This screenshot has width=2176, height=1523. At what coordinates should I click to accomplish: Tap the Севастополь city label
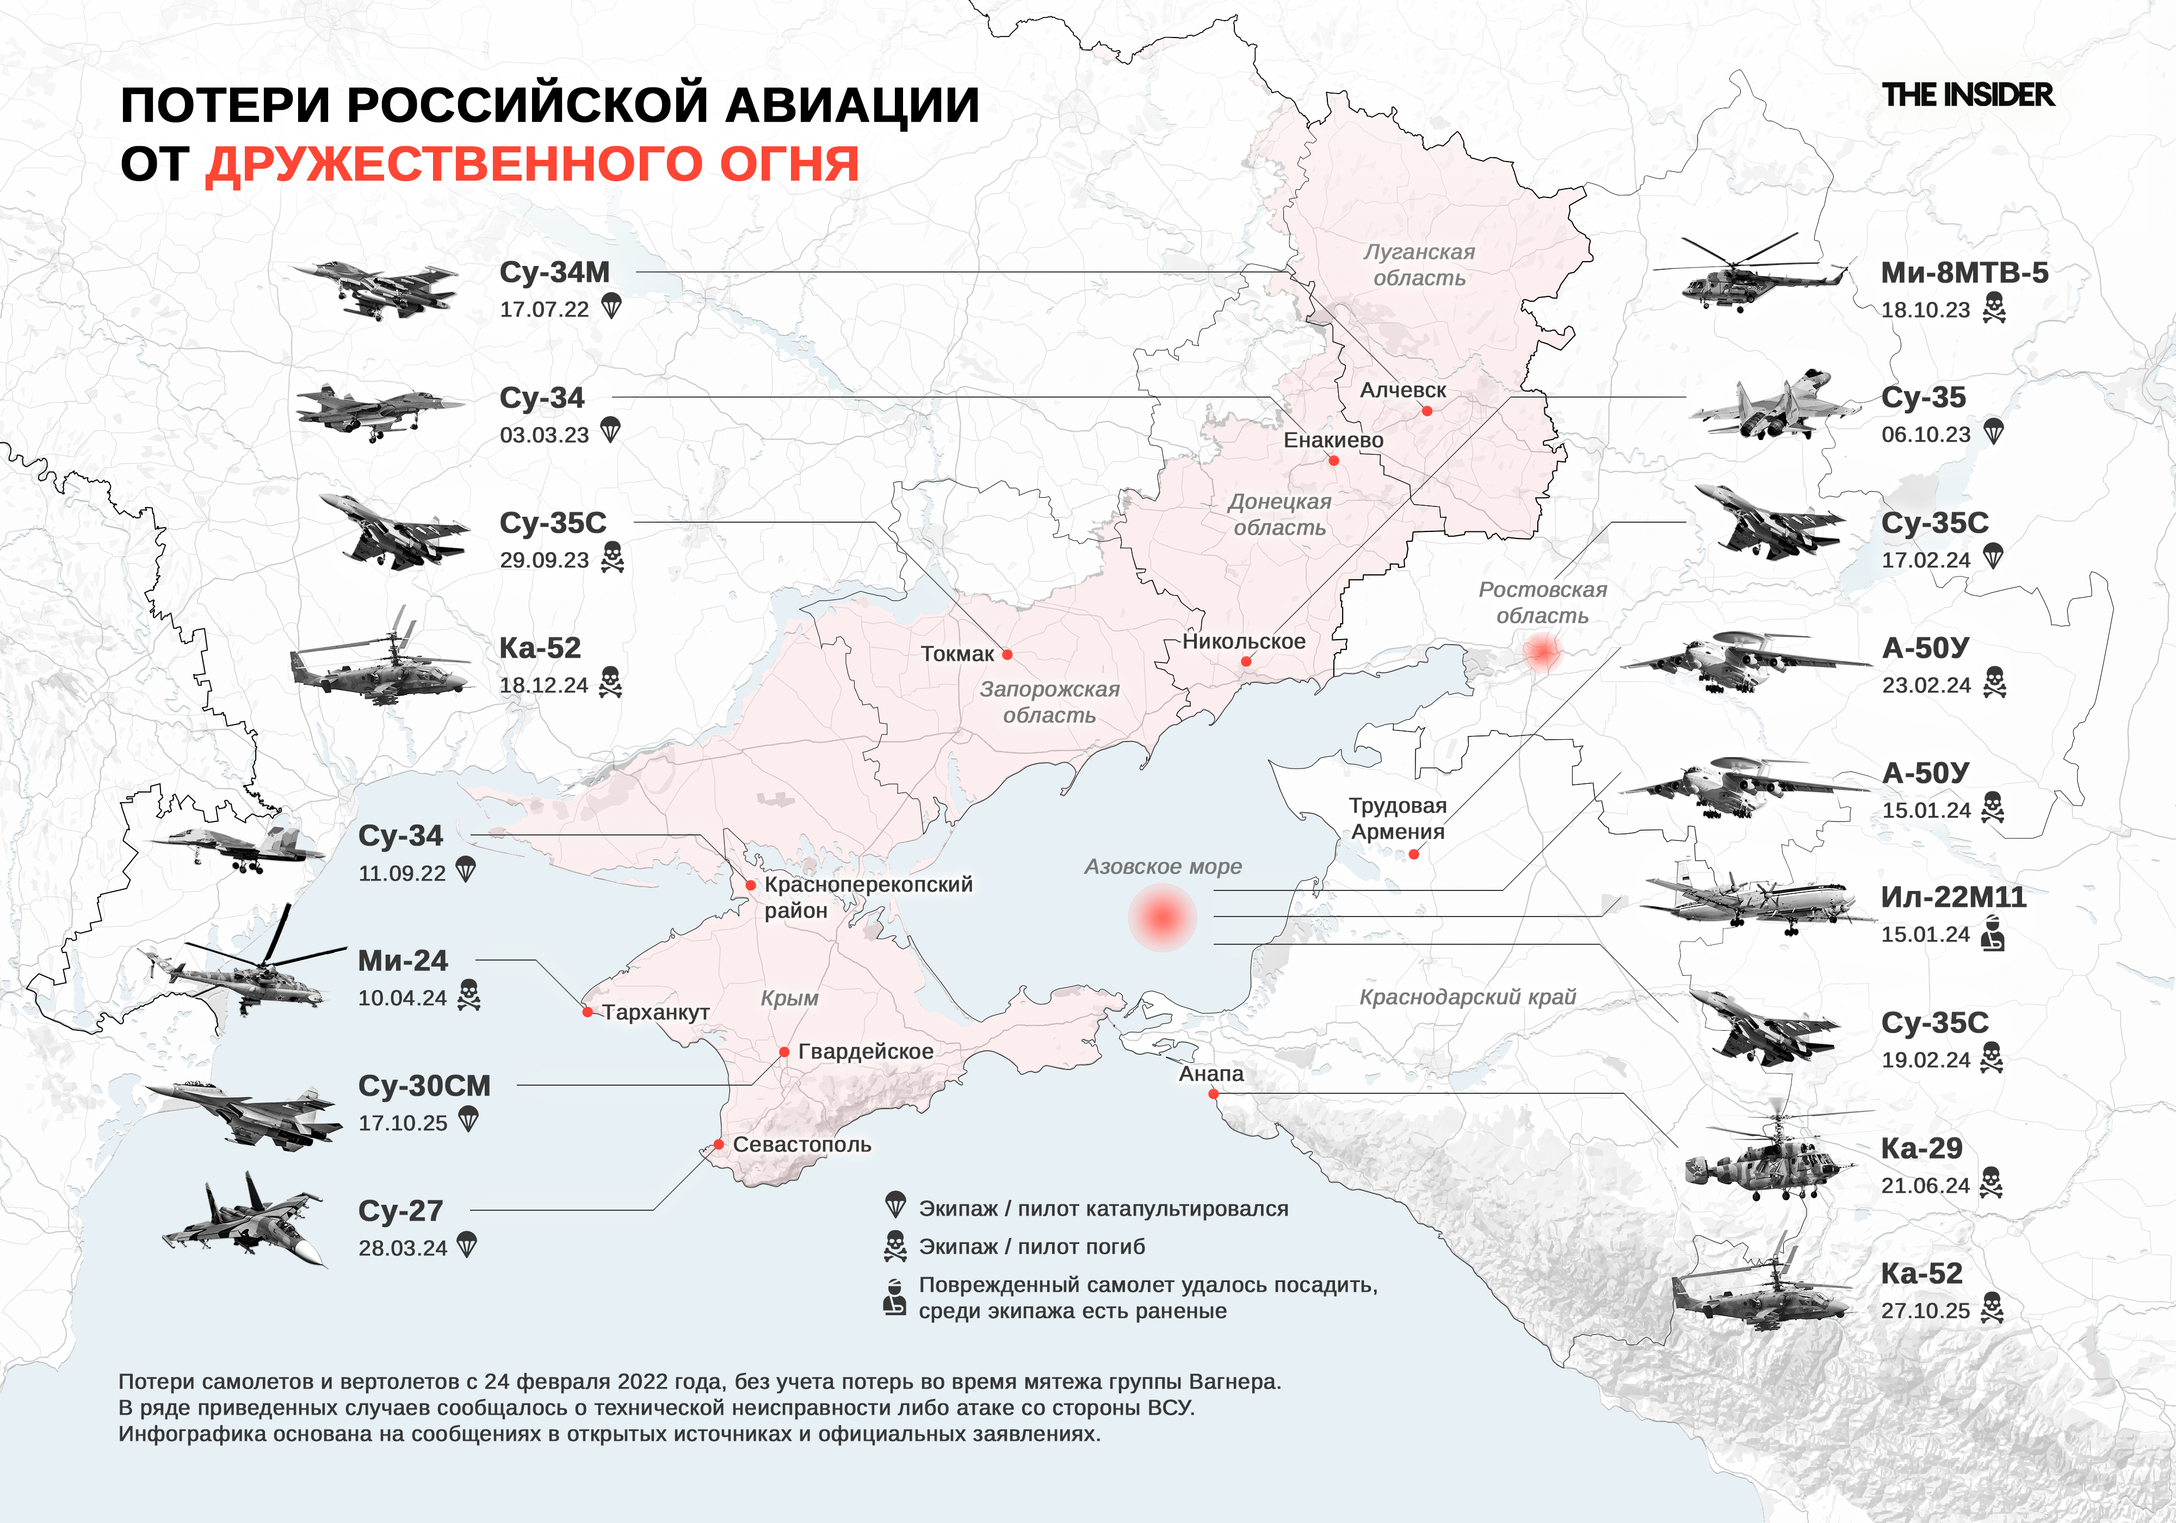tap(802, 1145)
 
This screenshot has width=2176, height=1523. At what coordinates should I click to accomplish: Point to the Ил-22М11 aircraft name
tap(1954, 896)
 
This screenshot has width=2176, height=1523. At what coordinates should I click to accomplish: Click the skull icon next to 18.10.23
tap(1994, 308)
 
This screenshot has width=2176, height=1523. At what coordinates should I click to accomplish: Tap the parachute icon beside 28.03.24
tap(466, 1245)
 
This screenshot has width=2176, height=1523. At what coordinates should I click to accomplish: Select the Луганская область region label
tap(1419, 264)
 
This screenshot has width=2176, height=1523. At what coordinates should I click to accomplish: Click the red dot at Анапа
tap(1213, 1094)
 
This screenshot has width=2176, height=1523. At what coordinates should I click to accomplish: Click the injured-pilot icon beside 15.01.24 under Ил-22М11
tap(1993, 934)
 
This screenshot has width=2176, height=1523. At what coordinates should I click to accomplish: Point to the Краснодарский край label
tap(1467, 997)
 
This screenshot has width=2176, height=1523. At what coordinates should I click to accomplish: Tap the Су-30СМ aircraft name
tap(424, 1085)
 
